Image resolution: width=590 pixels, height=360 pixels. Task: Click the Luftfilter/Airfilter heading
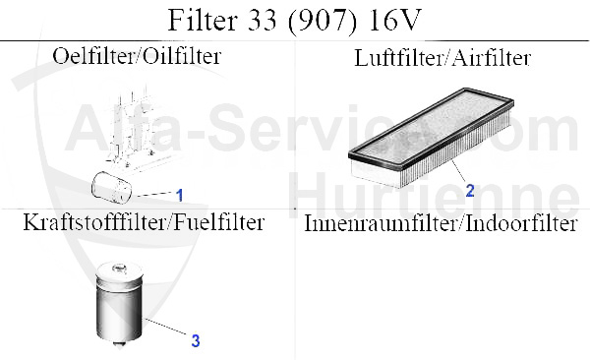(x=442, y=58)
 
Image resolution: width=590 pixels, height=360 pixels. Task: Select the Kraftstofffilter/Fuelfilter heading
(x=144, y=222)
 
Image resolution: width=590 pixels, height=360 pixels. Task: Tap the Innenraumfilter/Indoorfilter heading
(x=440, y=224)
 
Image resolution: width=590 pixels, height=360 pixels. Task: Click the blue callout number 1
(x=180, y=195)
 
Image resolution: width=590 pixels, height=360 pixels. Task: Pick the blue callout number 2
(x=470, y=190)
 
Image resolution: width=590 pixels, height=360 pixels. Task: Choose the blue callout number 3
(x=196, y=341)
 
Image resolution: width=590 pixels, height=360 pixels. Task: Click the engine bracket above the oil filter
(x=135, y=128)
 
